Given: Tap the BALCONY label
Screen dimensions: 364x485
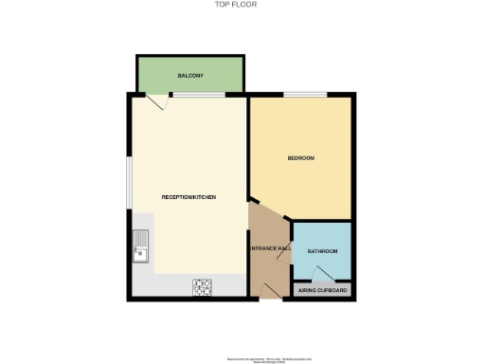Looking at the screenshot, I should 190,75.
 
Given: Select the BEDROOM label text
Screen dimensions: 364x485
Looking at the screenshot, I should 301,157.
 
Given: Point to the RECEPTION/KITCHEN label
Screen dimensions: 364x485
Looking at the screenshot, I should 189,196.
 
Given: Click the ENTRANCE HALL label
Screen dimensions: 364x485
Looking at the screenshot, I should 268,248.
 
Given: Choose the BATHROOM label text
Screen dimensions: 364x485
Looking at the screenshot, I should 323,251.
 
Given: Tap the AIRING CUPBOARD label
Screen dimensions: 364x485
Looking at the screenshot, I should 323,290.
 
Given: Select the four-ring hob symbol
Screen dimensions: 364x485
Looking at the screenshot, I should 203,284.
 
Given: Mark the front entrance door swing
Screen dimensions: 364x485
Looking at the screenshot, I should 268,291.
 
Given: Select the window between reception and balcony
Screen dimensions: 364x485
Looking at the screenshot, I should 198,94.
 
